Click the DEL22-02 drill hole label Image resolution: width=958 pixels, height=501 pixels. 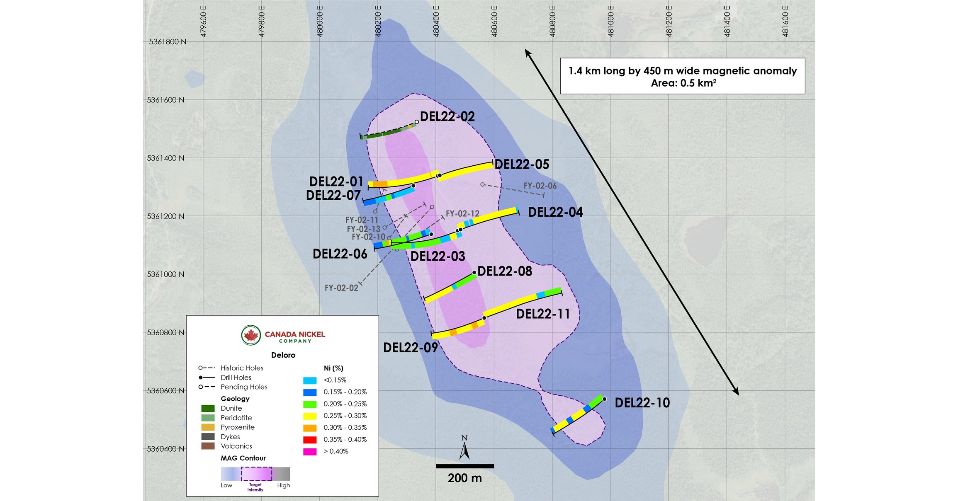coord(447,117)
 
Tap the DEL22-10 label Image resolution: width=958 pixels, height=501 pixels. coord(642,403)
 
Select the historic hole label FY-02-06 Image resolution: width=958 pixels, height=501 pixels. coord(540,186)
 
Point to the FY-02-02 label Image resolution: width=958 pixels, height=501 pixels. coord(341,288)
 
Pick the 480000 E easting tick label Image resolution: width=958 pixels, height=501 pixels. coord(320,22)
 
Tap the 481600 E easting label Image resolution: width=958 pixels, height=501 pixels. coord(785,22)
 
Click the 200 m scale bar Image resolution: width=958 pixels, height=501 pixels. coord(464,466)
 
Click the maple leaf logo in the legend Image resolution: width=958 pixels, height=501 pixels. coord(251,335)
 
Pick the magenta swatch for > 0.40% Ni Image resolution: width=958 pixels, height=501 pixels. coord(310,452)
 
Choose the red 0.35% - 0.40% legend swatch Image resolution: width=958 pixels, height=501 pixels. coord(310,440)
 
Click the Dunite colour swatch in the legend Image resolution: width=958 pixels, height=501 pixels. coord(208,409)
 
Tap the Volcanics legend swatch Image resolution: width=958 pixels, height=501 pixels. coord(208,446)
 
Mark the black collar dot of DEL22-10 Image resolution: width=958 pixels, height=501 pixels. coord(604,399)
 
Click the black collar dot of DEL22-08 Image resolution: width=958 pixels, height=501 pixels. coord(474,273)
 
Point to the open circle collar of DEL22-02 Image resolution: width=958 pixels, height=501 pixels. coord(417,122)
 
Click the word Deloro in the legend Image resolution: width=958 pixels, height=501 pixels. coord(283,355)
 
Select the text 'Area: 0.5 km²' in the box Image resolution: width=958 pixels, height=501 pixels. coord(683,83)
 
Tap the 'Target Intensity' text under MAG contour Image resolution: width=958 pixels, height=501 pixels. coord(255,487)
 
